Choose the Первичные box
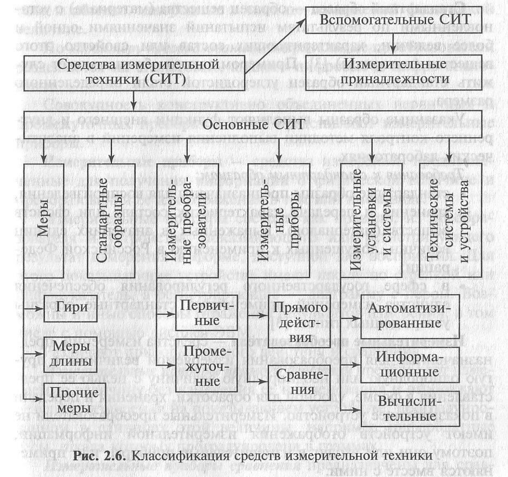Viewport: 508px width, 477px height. (207, 313)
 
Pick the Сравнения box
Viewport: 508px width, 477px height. (299, 382)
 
